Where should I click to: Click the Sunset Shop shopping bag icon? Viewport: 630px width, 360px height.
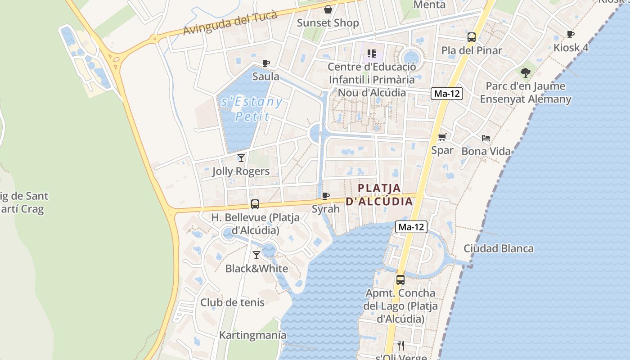(x=328, y=9)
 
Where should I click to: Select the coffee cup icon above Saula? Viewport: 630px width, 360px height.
(x=266, y=63)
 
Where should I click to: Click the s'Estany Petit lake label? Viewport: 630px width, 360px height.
(x=252, y=109)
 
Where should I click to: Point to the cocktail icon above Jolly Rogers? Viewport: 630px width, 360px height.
(x=241, y=157)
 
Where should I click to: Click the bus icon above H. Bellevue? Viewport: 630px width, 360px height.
(x=255, y=204)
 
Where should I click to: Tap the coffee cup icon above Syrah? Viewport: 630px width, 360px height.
(x=326, y=196)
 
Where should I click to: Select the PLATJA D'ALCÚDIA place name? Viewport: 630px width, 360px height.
(x=379, y=194)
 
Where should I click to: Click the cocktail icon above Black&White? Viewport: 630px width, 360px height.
(x=256, y=255)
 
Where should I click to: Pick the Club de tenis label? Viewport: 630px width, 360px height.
(x=232, y=302)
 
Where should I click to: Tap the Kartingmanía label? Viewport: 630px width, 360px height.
(x=252, y=335)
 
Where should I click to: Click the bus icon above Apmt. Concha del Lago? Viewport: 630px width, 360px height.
(x=400, y=279)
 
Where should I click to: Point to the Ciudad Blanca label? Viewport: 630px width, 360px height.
(x=499, y=248)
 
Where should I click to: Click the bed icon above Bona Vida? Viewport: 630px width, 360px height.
(x=486, y=138)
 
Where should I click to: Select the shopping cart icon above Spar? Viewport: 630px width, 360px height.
(x=442, y=137)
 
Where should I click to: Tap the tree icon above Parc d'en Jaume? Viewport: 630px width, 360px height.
(x=525, y=72)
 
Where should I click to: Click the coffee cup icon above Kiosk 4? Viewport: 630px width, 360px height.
(x=571, y=34)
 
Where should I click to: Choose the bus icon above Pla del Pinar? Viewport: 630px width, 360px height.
(x=472, y=37)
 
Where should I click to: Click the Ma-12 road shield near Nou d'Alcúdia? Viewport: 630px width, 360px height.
(x=447, y=94)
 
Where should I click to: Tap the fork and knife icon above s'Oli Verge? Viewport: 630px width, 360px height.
(x=401, y=345)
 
